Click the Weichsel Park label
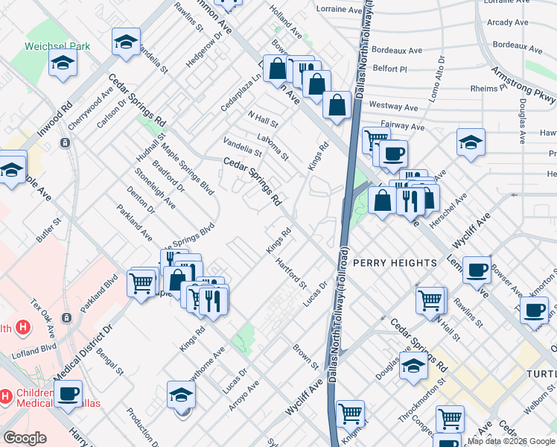pyautogui.click(x=57, y=46)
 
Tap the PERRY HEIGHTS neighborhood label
pyautogui.click(x=395, y=263)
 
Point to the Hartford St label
pyautogui.click(x=290, y=273)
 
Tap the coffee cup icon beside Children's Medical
pyautogui.click(x=68, y=393)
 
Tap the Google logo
pyautogui.click(x=25, y=438)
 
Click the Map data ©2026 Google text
pyautogui.click(x=511, y=441)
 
